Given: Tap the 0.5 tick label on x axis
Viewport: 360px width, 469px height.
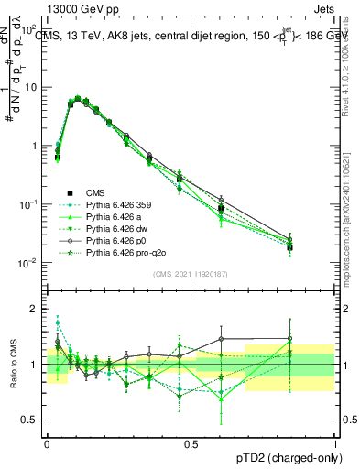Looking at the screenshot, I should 191,444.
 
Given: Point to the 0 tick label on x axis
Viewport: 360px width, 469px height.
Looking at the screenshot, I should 47,444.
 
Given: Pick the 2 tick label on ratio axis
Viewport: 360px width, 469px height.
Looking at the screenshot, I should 35,309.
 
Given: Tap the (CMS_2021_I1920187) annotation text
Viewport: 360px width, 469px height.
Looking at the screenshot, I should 191,276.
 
